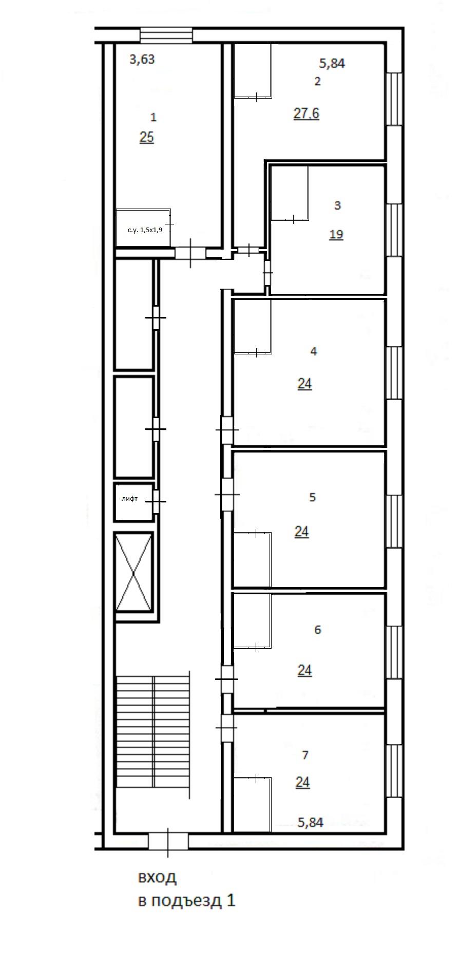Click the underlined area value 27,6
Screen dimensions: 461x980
tap(306, 114)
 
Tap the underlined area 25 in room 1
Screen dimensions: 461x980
tap(146, 138)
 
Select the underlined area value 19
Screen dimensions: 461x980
tap(336, 235)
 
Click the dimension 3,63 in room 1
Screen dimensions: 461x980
tap(142, 60)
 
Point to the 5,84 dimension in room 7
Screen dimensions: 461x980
tap(311, 822)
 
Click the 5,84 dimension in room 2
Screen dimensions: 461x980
tap(332, 64)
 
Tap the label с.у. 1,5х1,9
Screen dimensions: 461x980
tap(145, 230)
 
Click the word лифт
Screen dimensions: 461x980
tap(129, 499)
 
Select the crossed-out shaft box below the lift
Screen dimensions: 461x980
tap(133, 572)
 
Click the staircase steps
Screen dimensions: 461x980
tap(153, 732)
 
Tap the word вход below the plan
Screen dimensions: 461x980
tap(157, 877)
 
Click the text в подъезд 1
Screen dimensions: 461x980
tap(186, 900)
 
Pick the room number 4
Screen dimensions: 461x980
tap(314, 351)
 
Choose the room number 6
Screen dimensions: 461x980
tap(317, 630)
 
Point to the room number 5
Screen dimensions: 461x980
tap(313, 497)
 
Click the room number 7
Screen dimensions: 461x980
tap(305, 755)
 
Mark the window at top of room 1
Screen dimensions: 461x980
tap(167, 35)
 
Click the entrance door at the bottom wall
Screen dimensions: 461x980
tap(168, 841)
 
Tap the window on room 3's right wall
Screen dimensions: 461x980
tap(394, 230)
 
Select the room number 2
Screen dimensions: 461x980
tap(317, 81)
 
